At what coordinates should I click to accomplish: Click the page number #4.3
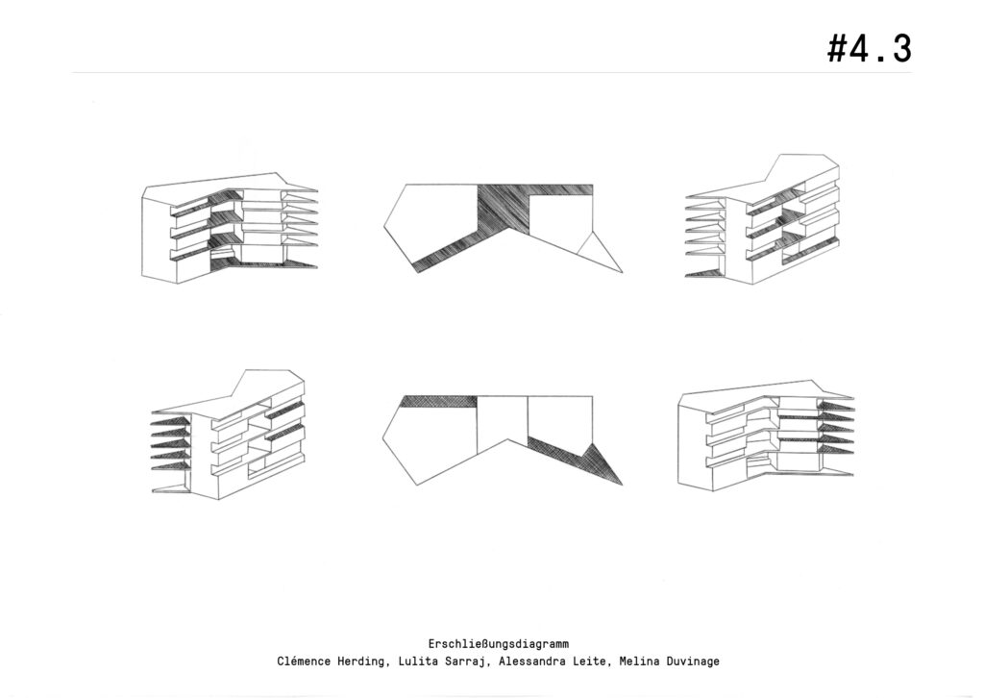click(x=869, y=48)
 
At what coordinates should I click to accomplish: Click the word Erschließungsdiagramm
click(x=499, y=644)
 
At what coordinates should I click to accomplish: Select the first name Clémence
click(x=304, y=661)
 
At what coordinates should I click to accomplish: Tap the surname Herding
click(x=362, y=661)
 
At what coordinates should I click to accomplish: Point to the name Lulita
click(x=417, y=661)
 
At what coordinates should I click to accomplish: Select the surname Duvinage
click(x=692, y=661)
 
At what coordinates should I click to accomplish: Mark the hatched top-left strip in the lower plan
click(x=439, y=402)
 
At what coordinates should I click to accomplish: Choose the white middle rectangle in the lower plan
click(x=503, y=420)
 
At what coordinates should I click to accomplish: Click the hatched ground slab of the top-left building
click(x=263, y=265)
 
